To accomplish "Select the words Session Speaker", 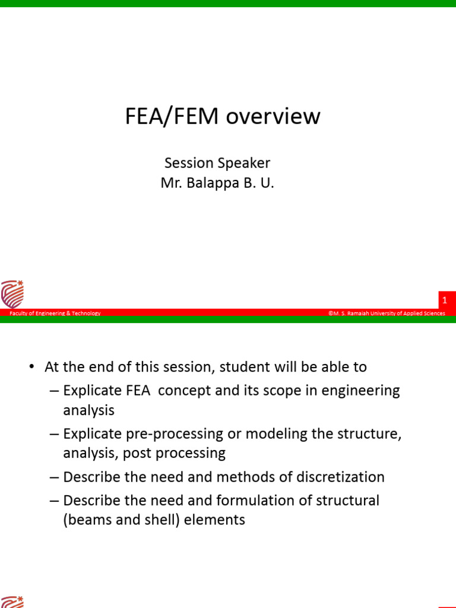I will [x=217, y=163].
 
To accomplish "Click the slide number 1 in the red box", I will [x=445, y=301].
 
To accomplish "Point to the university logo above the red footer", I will [x=12, y=294].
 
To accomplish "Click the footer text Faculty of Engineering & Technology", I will [x=55, y=313].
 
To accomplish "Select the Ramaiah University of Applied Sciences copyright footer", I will [x=387, y=313].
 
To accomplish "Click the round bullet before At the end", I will [x=31, y=367].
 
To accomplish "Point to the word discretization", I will [x=336, y=477].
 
